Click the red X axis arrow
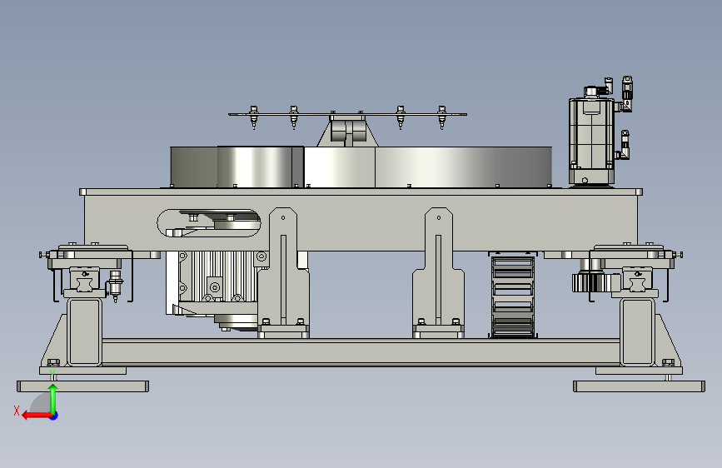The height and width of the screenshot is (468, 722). pyautogui.click(x=37, y=416)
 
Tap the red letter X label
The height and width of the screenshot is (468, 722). pyautogui.click(x=17, y=411)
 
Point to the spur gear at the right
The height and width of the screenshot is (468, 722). pyautogui.click(x=591, y=282)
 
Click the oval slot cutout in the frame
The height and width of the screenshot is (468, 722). pyautogui.click(x=209, y=223)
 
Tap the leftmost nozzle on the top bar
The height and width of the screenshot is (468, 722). pyautogui.click(x=253, y=117)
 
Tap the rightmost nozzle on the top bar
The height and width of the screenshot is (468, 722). pyautogui.click(x=441, y=117)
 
